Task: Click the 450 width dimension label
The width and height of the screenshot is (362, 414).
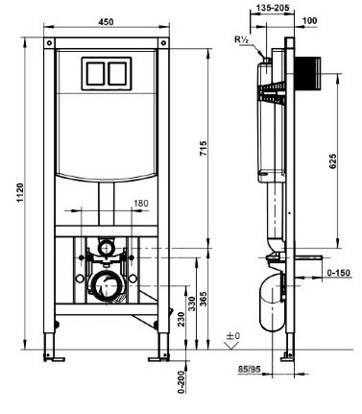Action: [x=106, y=22]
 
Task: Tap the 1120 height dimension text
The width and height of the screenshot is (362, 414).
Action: [x=20, y=193]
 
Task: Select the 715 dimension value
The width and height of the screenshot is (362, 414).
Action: [x=204, y=149]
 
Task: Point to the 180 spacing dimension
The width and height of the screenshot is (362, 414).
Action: [x=141, y=204]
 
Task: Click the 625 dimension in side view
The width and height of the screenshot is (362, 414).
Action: [x=333, y=161]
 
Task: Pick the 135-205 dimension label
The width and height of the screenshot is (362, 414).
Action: [x=273, y=8]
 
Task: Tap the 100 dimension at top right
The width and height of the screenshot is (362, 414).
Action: [x=309, y=20]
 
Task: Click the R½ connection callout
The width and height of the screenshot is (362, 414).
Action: [x=242, y=39]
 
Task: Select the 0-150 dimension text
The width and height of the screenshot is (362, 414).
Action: [x=339, y=273]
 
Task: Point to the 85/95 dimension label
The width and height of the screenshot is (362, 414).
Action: [x=250, y=369]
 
